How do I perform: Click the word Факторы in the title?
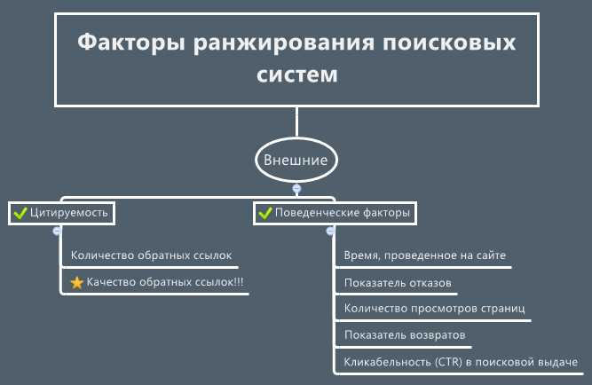click(131, 43)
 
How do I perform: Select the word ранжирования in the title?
click(284, 43)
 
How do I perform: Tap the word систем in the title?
click(296, 75)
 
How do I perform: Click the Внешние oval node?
click(296, 160)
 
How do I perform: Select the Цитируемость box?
click(61, 213)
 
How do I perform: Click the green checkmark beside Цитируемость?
click(20, 213)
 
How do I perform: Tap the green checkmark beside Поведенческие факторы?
click(265, 213)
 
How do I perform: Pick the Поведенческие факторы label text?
click(343, 213)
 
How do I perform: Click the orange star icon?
click(77, 282)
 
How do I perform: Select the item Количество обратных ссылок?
click(152, 255)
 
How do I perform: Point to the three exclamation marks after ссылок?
click(240, 281)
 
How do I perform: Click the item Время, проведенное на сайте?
click(425, 255)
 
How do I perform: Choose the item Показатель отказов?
click(398, 283)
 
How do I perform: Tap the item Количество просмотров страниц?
click(435, 309)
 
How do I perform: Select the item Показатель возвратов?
click(405, 334)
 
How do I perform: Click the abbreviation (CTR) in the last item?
click(448, 362)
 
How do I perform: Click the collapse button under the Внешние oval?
click(296, 188)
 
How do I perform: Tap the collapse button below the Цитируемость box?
click(57, 231)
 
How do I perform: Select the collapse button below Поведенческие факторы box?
click(330, 231)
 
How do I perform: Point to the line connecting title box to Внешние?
click(296, 122)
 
